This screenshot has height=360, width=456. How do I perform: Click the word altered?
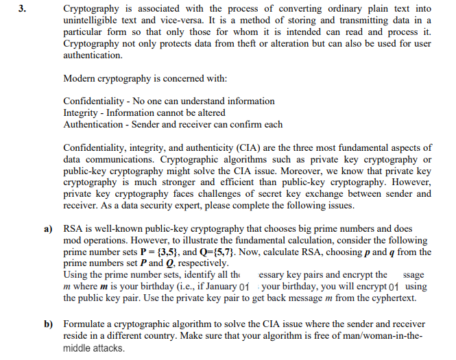208,113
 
